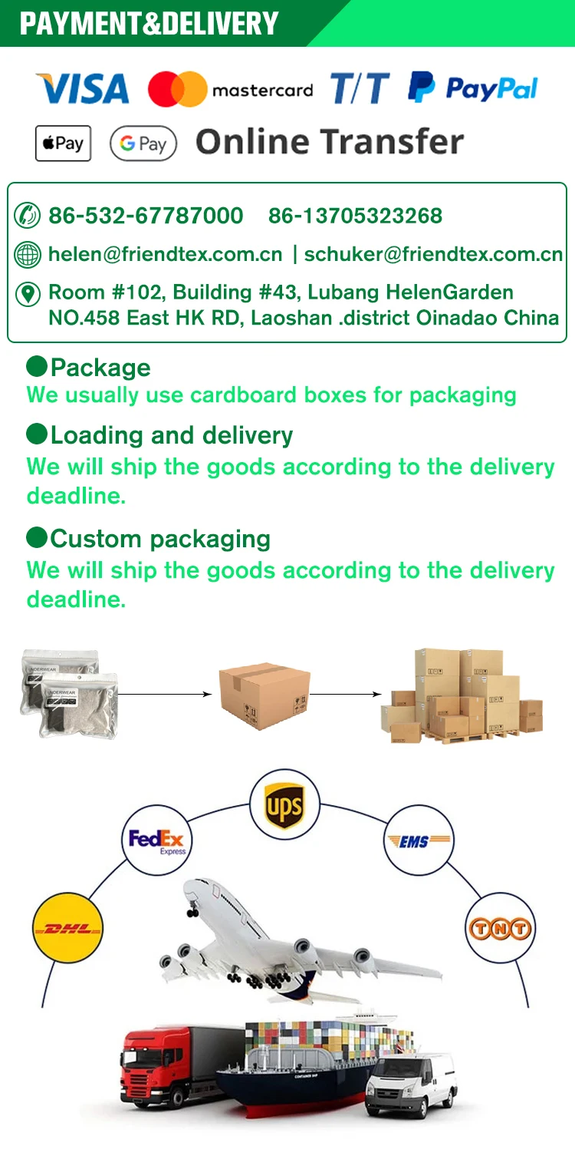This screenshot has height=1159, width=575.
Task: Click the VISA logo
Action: click(x=82, y=89)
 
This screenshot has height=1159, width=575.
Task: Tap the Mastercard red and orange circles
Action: click(x=177, y=89)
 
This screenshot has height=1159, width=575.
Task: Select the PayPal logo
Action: click(x=472, y=88)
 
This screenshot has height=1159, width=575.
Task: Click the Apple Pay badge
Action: click(x=63, y=144)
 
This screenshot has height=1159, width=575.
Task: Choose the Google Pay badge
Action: click(x=143, y=144)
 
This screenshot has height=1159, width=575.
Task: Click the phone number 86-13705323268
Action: click(x=355, y=216)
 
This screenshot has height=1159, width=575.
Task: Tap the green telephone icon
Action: click(x=28, y=216)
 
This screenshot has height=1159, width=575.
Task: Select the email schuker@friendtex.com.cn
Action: click(x=433, y=254)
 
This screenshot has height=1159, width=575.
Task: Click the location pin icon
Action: click(x=28, y=294)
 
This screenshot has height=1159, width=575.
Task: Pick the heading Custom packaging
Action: click(x=159, y=539)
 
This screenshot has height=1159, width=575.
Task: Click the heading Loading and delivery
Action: click(x=171, y=436)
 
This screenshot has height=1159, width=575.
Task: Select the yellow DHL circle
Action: click(x=67, y=929)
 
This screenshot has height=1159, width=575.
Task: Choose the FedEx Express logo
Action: click(x=156, y=841)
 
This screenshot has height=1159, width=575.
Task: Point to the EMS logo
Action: click(x=418, y=841)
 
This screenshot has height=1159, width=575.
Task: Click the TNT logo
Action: click(x=499, y=929)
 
